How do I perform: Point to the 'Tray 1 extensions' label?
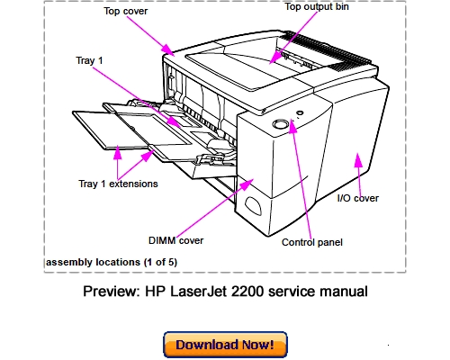(118, 184)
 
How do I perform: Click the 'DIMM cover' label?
(177, 240)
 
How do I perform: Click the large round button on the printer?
(279, 123)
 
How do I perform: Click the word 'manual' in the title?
(344, 292)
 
